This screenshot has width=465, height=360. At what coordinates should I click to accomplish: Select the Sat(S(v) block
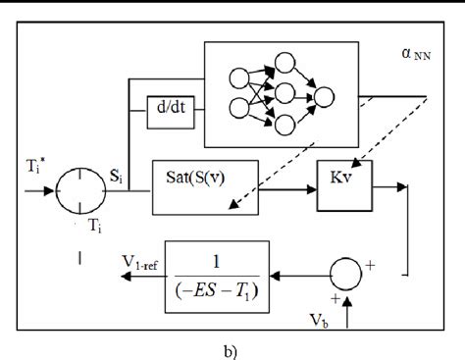point(201,179)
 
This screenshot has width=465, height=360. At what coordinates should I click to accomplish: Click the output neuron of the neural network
point(323,96)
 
